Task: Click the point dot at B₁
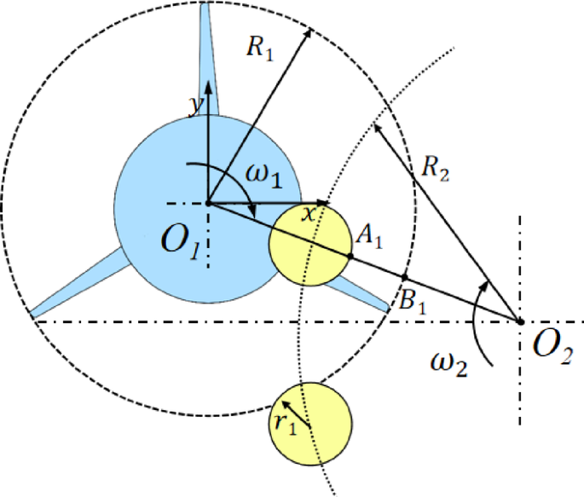click(x=404, y=278)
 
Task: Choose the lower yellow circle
click(x=310, y=424)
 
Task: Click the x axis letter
click(x=309, y=213)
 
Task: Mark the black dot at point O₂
click(x=520, y=321)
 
